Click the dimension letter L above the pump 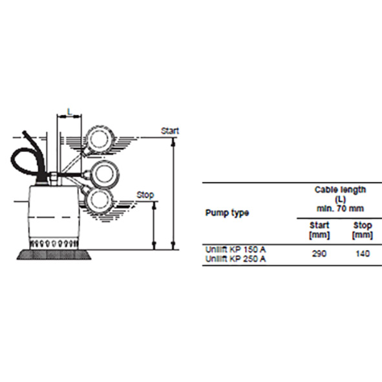point(70,112)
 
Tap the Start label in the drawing point(170,131)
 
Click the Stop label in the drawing point(145,194)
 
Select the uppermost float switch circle point(100,139)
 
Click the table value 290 point(319,254)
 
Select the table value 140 point(363,254)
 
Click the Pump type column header point(227,213)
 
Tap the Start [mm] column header point(319,230)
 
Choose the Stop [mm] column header point(363,230)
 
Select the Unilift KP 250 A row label point(235,259)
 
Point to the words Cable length point(340,190)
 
